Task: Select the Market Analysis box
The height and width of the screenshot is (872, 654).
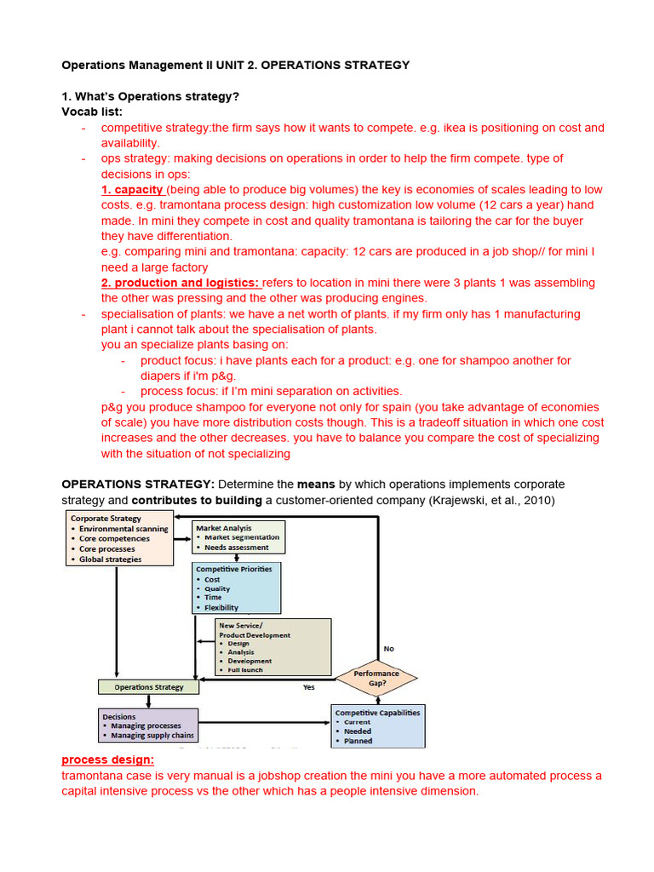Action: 238,537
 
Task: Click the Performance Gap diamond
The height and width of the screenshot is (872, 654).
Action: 376,679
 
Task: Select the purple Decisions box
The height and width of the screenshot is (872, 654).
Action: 148,726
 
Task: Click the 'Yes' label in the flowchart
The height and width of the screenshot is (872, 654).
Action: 309,687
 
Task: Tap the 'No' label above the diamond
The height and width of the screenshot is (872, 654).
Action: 389,649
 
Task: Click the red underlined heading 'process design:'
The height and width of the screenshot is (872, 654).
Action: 108,760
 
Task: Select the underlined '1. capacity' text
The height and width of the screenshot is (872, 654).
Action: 132,190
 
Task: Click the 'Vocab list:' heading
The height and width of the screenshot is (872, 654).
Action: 92,112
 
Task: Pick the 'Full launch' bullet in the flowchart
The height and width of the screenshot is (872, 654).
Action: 245,669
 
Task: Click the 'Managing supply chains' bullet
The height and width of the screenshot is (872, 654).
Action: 152,735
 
